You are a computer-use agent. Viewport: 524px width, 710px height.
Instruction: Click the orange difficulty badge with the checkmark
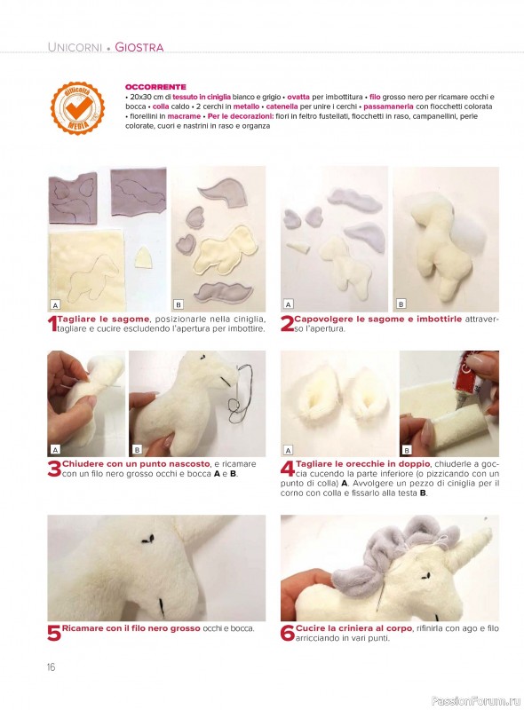pyautogui.click(x=77, y=107)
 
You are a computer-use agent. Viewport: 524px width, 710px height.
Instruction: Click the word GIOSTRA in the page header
pyautogui.click(x=139, y=47)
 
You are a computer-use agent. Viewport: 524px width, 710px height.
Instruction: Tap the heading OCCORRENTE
pyautogui.click(x=155, y=87)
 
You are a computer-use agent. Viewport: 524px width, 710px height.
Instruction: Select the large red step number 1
pyautogui.click(x=52, y=325)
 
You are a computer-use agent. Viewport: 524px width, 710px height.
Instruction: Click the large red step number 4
pyautogui.click(x=288, y=469)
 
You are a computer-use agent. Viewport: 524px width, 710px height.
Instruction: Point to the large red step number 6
pyautogui.click(x=288, y=633)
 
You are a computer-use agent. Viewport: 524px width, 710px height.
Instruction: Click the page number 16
pyautogui.click(x=51, y=667)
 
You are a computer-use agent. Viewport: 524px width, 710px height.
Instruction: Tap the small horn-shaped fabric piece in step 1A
pyautogui.click(x=145, y=258)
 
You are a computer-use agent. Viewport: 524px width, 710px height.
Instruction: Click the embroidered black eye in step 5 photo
pyautogui.click(x=147, y=539)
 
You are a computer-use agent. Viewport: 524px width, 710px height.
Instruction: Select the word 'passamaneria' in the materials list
pyautogui.click(x=388, y=106)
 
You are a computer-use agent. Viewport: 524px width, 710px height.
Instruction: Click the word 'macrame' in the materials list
pyautogui.click(x=184, y=116)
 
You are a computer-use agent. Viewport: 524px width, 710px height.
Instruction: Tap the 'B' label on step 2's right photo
pyautogui.click(x=401, y=304)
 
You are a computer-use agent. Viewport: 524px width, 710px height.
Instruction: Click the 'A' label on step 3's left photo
pyautogui.click(x=55, y=450)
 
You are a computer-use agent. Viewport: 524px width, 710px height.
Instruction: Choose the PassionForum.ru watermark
pyautogui.click(x=475, y=701)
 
